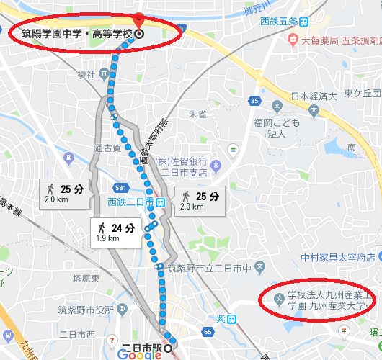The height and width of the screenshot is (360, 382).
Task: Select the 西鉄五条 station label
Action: click(280, 21)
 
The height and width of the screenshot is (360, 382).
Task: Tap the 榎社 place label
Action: click(86, 74)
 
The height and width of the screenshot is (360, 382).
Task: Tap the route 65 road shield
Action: click(208, 331)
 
